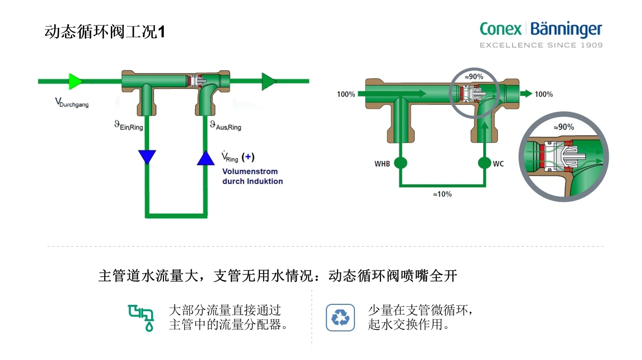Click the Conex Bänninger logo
540,34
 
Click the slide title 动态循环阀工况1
105,32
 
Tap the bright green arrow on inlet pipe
76,81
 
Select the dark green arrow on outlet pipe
269,81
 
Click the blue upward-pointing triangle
206,158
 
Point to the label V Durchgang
72,103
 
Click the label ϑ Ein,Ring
128,125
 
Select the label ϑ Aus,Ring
225,125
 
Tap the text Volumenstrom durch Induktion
252,176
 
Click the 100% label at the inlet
346,94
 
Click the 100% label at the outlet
543,94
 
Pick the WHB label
382,164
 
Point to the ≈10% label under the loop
442,195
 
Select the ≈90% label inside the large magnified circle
564,127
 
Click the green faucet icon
141,318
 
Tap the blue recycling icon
340,318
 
